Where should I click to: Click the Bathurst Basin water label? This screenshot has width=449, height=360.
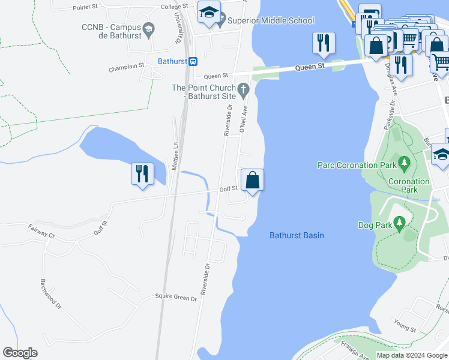(x=297, y=235)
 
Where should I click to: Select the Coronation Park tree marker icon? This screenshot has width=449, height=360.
(x=405, y=163)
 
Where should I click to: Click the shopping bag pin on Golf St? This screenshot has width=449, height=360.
(x=253, y=180)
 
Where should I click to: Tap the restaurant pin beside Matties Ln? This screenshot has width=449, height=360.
(x=142, y=175)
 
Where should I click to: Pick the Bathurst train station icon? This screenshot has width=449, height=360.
(x=193, y=61)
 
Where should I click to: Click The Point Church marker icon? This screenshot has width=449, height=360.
(x=243, y=90)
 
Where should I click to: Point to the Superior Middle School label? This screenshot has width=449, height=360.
(x=271, y=21)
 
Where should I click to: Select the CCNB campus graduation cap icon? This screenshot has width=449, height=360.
(x=148, y=28)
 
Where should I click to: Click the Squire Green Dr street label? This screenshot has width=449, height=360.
(x=176, y=298)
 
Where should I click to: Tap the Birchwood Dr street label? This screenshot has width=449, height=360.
(x=51, y=293)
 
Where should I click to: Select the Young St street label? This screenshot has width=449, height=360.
(x=406, y=328)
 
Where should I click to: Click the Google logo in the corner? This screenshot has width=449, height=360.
(x=20, y=353)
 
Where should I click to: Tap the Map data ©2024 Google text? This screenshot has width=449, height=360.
(x=411, y=355)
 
